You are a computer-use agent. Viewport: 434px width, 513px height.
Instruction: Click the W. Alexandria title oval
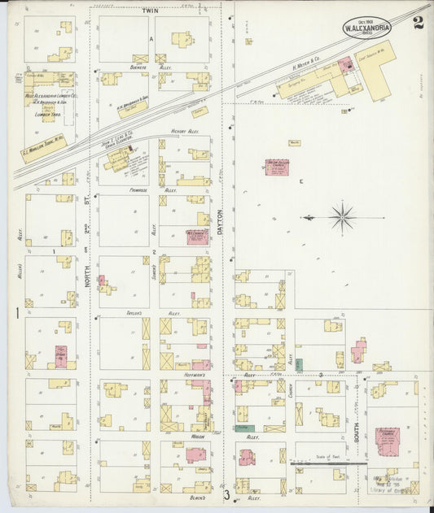367,26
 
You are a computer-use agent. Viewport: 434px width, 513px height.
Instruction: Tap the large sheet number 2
418,22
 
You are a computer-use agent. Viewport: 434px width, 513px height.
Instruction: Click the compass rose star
342,217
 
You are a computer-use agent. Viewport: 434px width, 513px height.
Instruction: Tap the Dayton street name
220,220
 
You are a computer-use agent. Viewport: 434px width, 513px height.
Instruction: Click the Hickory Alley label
186,130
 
